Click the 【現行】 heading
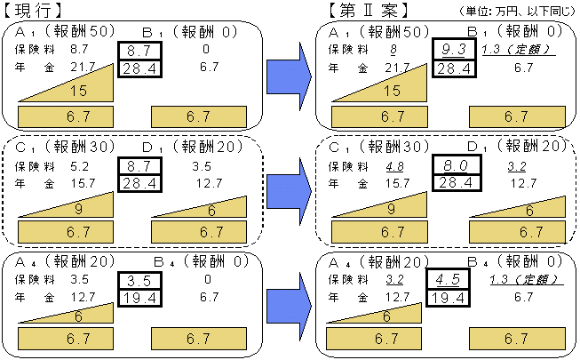point(33,12)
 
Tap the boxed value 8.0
point(457,164)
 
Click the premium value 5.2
point(78,165)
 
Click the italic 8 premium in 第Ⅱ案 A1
point(393,51)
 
